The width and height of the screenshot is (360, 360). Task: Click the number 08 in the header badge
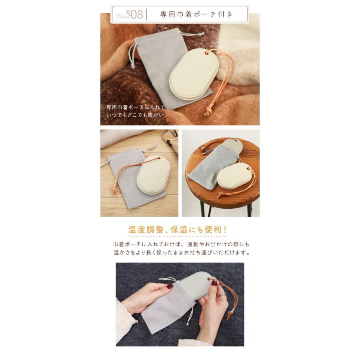click(x=136, y=14)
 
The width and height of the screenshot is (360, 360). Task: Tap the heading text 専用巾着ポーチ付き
click(x=196, y=14)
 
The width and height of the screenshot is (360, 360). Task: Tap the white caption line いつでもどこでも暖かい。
click(x=136, y=115)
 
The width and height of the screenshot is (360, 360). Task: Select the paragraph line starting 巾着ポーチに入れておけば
click(x=181, y=244)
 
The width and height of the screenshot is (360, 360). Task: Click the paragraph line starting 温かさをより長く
click(x=181, y=253)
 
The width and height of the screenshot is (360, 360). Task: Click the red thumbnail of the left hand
click(x=170, y=287)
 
